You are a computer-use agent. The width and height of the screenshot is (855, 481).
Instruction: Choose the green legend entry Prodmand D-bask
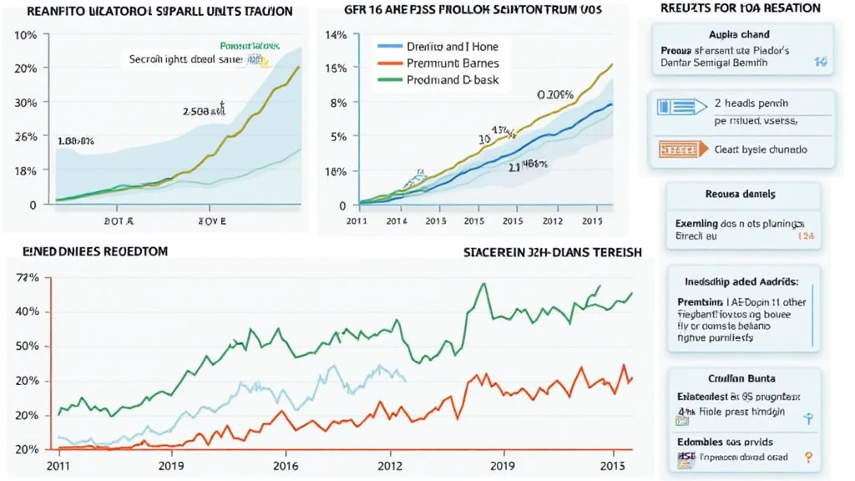pyautogui.click(x=448, y=80)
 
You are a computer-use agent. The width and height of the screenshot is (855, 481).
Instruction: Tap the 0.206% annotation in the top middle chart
pyautogui.click(x=555, y=95)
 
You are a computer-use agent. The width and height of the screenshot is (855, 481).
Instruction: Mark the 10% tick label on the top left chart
pyautogui.click(x=27, y=35)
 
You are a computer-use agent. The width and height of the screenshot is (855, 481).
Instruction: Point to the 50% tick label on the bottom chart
pyautogui.click(x=28, y=346)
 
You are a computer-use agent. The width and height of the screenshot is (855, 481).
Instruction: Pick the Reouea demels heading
pyautogui.click(x=741, y=194)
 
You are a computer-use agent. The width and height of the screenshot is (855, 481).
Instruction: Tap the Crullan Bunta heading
pyautogui.click(x=738, y=378)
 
